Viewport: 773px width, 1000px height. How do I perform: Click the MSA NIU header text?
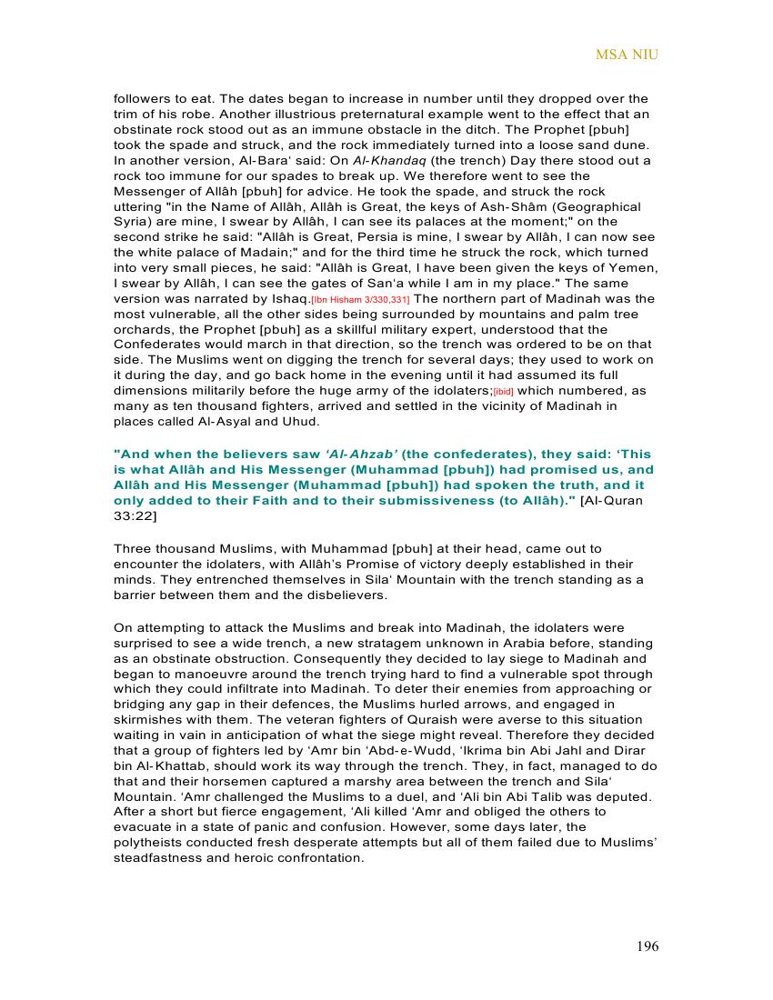tap(627, 55)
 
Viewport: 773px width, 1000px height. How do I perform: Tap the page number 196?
tap(648, 946)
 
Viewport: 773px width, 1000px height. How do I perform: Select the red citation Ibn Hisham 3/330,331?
tap(360, 299)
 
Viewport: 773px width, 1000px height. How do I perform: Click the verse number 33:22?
tap(135, 516)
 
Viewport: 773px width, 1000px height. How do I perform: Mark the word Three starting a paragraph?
tap(133, 549)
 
